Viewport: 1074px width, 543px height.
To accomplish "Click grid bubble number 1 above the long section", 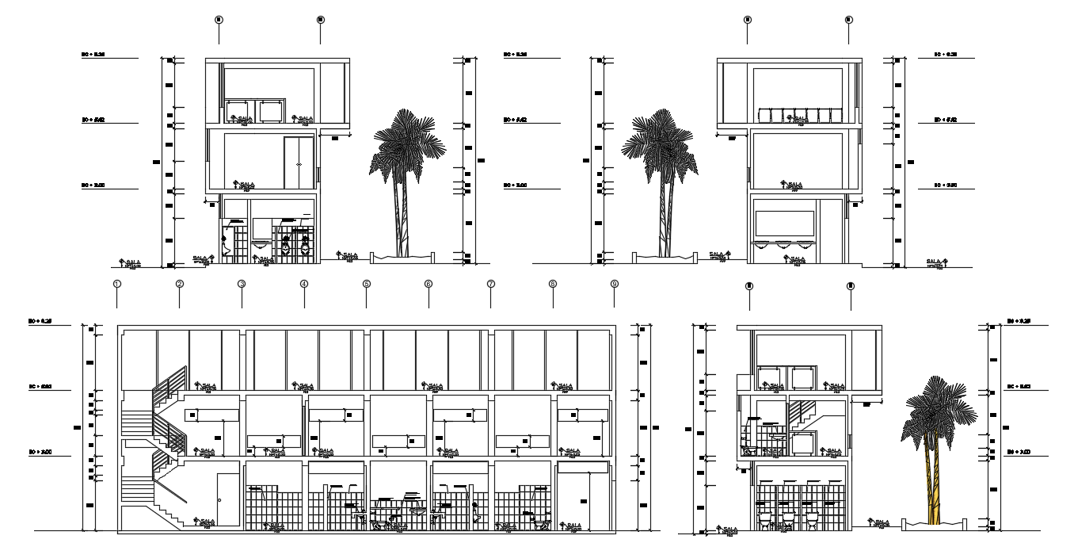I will (117, 284).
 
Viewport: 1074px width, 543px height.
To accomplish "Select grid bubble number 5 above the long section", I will (367, 284).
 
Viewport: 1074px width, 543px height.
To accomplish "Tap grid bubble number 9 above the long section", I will (615, 284).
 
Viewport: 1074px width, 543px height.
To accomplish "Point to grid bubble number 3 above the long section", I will (242, 284).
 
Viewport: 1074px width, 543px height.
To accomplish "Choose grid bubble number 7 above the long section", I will (491, 284).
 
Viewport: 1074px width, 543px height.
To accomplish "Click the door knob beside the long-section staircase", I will (219, 500).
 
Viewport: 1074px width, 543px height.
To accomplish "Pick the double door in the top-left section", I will (299, 163).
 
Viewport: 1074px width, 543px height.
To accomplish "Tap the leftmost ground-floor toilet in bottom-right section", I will (766, 519).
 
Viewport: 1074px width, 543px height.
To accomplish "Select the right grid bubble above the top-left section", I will (320, 18).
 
